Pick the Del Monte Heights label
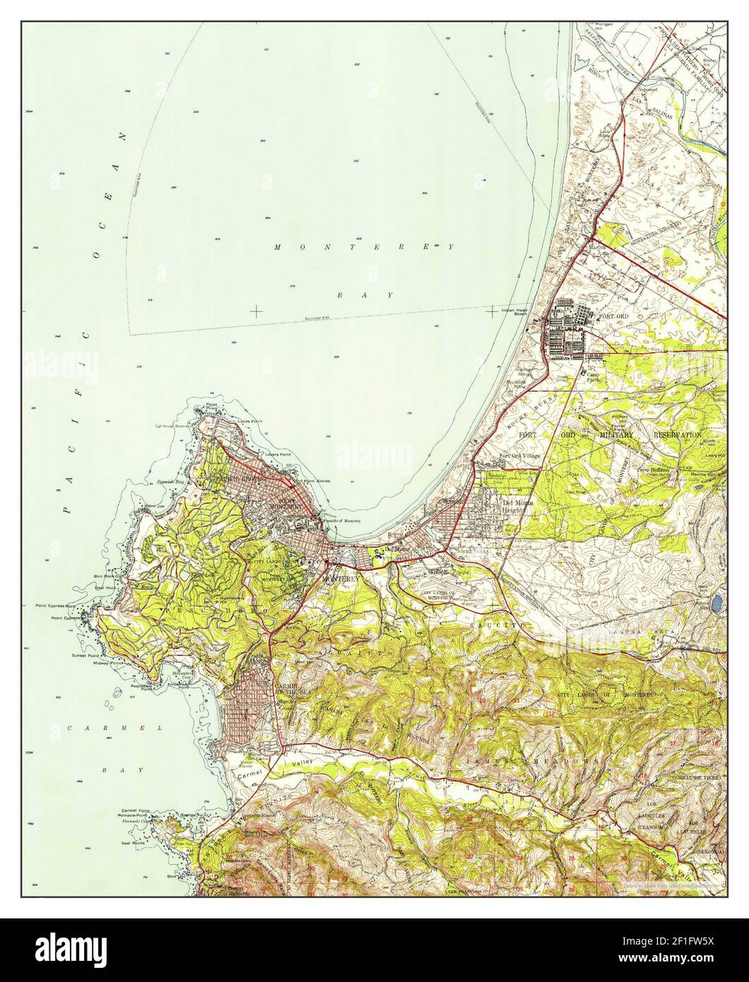pyautogui.click(x=517, y=506)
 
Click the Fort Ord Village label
pyautogui.click(x=520, y=456)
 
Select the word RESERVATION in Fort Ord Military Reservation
pyautogui.click(x=677, y=434)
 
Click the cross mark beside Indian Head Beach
pyautogui.click(x=491, y=310)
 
